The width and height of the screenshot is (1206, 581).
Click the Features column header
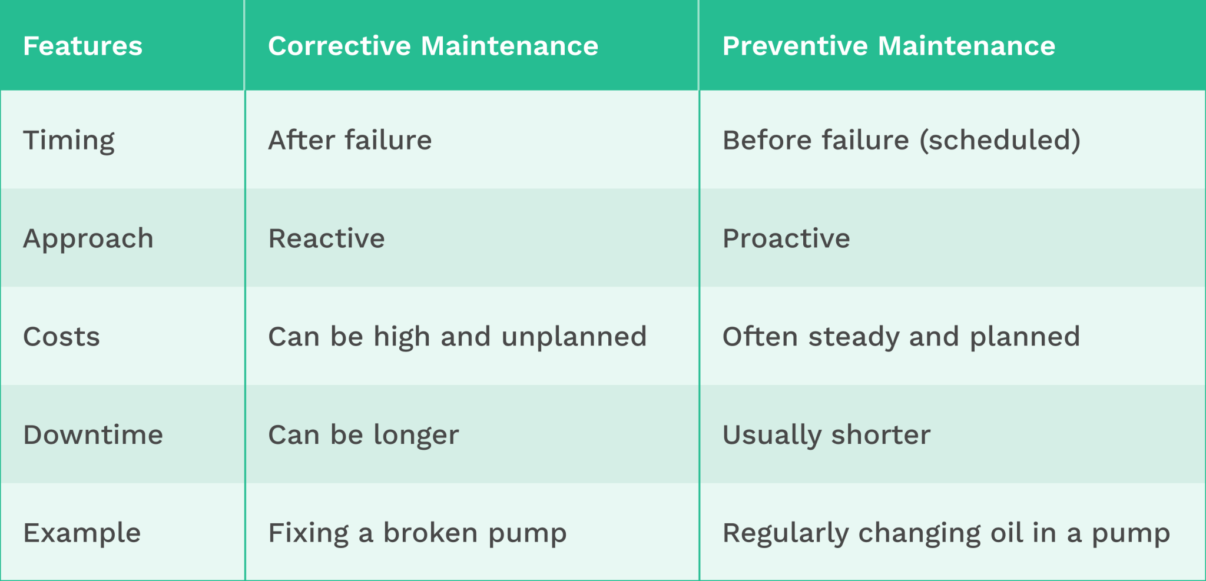(x=82, y=46)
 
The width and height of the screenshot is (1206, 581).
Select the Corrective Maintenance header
(x=433, y=46)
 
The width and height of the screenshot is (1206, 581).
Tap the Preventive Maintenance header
(x=889, y=46)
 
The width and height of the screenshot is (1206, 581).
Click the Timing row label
(x=69, y=141)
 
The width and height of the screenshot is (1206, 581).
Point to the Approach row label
(x=88, y=239)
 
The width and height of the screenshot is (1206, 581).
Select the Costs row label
(x=61, y=337)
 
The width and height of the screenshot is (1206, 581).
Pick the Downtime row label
(x=93, y=435)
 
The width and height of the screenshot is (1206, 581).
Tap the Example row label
(x=82, y=533)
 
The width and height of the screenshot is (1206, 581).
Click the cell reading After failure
(x=350, y=141)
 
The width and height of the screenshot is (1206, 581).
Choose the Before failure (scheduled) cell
(x=901, y=141)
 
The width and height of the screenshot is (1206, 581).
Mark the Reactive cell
(x=326, y=239)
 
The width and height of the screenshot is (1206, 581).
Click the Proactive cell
(x=786, y=239)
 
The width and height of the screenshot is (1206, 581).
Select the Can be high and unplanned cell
(x=457, y=337)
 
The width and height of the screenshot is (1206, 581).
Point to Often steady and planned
(x=901, y=337)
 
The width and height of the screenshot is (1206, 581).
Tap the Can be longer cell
(x=363, y=435)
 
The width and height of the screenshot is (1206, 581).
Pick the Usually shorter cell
(x=826, y=435)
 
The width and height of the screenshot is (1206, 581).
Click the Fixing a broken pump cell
(x=417, y=533)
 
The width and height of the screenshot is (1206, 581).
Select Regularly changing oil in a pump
(x=946, y=533)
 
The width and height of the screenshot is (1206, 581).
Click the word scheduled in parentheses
(x=1000, y=141)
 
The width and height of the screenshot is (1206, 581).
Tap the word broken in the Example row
(x=430, y=533)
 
